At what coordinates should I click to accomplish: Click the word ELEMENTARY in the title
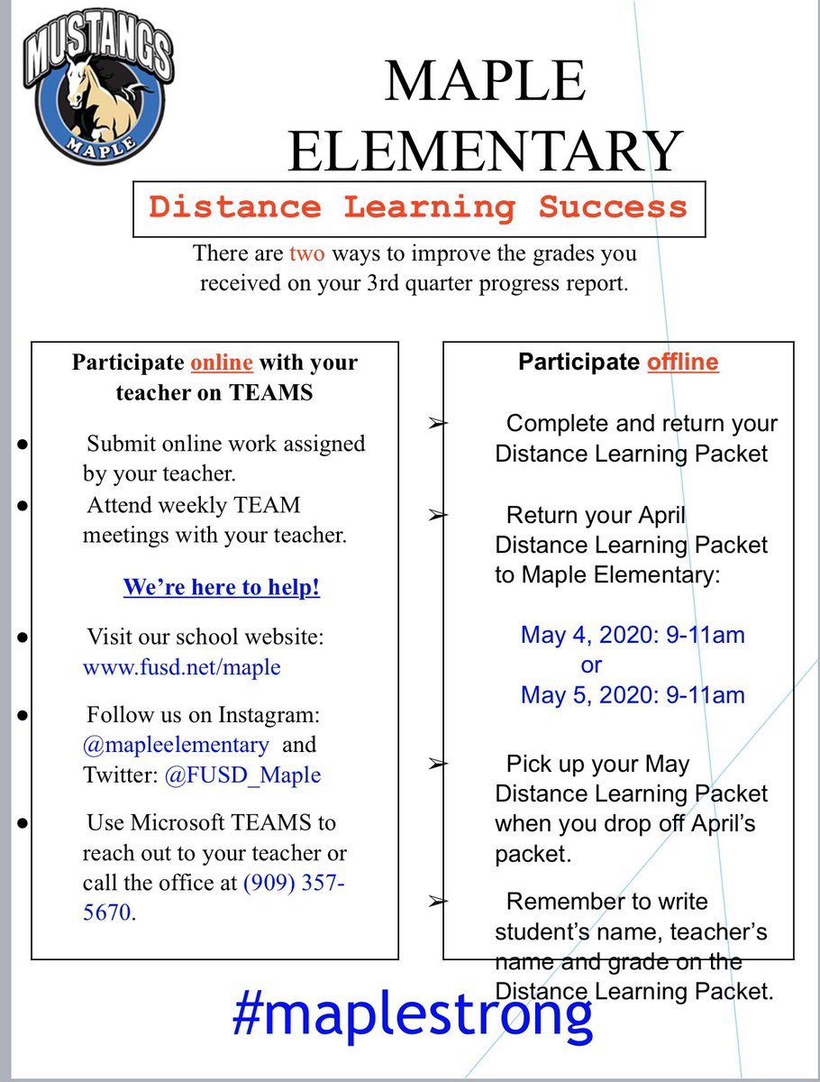point(484,151)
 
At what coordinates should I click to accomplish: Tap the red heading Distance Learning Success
point(418,207)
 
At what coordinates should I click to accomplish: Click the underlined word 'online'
point(221,363)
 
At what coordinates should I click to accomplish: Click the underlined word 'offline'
point(682,362)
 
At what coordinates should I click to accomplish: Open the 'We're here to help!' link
point(221,588)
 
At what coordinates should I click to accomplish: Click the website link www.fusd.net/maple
point(181,667)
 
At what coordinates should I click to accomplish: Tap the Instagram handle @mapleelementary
point(176,746)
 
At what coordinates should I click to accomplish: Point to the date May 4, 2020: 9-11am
point(633,635)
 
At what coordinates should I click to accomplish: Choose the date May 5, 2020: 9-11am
point(633,694)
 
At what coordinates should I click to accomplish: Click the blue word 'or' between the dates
point(591,665)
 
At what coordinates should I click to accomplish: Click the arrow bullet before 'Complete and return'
point(437,423)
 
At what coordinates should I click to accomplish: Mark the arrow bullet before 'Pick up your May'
point(437,764)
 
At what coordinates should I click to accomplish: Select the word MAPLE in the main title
point(484,83)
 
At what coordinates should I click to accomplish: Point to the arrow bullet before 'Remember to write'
point(437,901)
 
